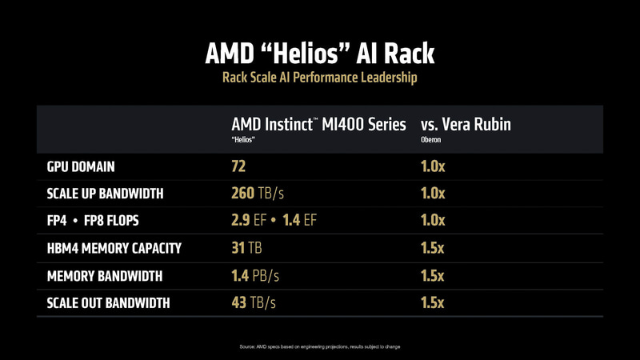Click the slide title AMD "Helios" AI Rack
(320, 54)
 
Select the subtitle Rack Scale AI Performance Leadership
(320, 78)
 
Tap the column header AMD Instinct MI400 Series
(318, 124)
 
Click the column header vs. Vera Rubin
(466, 124)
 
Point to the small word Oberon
(430, 140)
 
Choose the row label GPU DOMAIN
(81, 166)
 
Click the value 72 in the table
(238, 166)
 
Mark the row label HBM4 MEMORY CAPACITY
(114, 248)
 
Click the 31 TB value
(247, 248)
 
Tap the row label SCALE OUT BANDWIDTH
(109, 303)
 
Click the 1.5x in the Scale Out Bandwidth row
(432, 303)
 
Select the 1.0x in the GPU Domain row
(432, 166)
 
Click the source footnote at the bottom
(320, 346)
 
